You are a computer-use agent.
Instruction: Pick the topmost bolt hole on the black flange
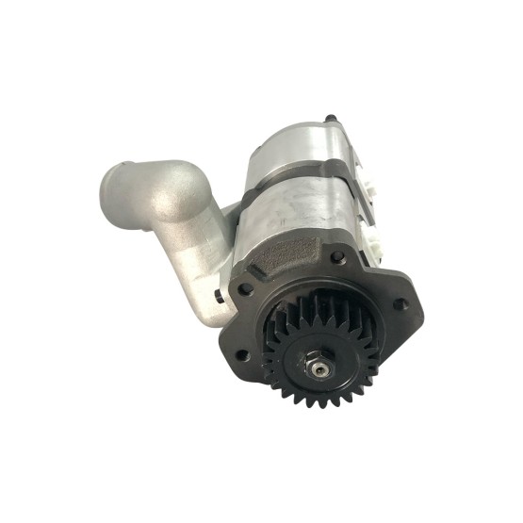point(336,255)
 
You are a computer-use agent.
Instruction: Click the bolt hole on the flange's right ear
point(403,303)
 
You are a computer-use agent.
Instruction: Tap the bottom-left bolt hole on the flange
point(241,353)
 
